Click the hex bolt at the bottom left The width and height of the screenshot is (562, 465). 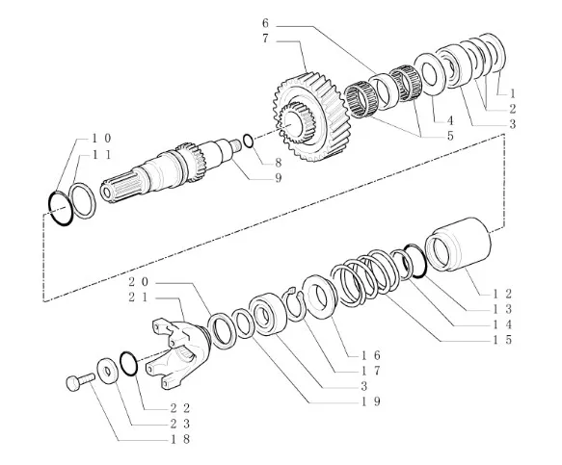(80, 381)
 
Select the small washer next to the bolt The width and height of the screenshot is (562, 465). (107, 371)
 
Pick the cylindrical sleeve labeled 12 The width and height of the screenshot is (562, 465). (458, 245)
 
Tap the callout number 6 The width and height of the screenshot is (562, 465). (265, 23)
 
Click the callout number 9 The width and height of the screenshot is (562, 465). (279, 178)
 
